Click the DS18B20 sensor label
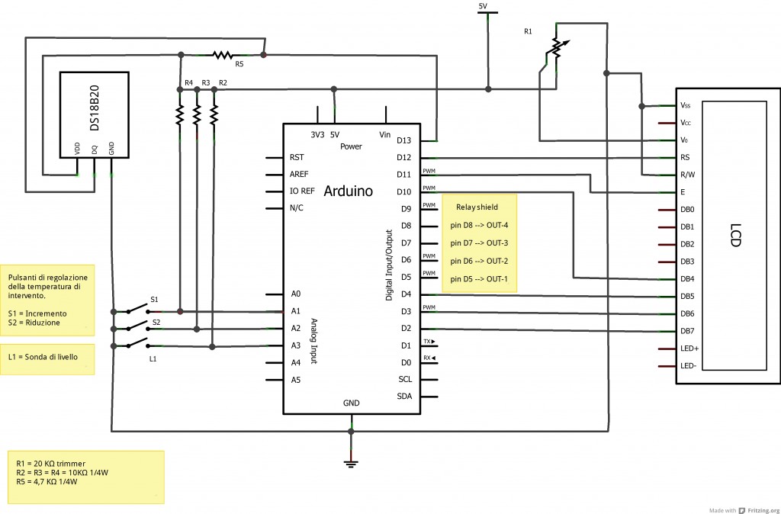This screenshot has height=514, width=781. click(x=95, y=114)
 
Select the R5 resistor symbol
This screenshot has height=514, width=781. click(x=222, y=54)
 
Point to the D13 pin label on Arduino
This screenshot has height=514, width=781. click(x=404, y=140)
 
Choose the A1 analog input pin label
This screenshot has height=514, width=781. click(x=296, y=311)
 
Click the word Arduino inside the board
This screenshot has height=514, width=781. click(x=349, y=191)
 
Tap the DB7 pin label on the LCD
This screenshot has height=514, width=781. click(x=687, y=331)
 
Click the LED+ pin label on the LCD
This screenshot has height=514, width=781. click(x=689, y=349)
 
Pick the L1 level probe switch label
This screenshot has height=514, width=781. click(x=153, y=358)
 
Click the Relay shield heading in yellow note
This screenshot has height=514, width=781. click(x=477, y=207)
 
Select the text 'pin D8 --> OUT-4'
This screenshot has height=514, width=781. click(x=479, y=225)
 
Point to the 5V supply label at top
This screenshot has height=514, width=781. click(x=483, y=6)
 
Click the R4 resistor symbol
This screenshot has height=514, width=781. click(x=180, y=114)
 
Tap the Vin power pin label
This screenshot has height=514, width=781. click(x=385, y=134)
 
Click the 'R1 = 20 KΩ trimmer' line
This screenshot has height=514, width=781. click(x=51, y=463)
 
